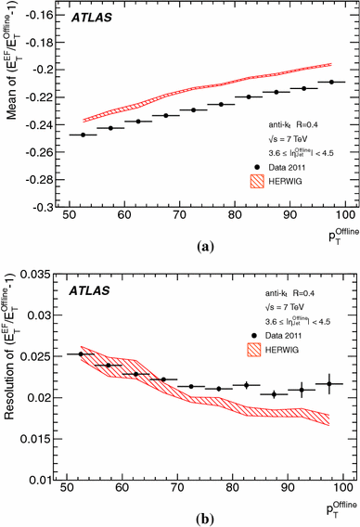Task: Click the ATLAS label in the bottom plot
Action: (88, 290)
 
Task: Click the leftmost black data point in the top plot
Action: (84, 135)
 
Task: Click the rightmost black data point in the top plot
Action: (330, 83)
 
